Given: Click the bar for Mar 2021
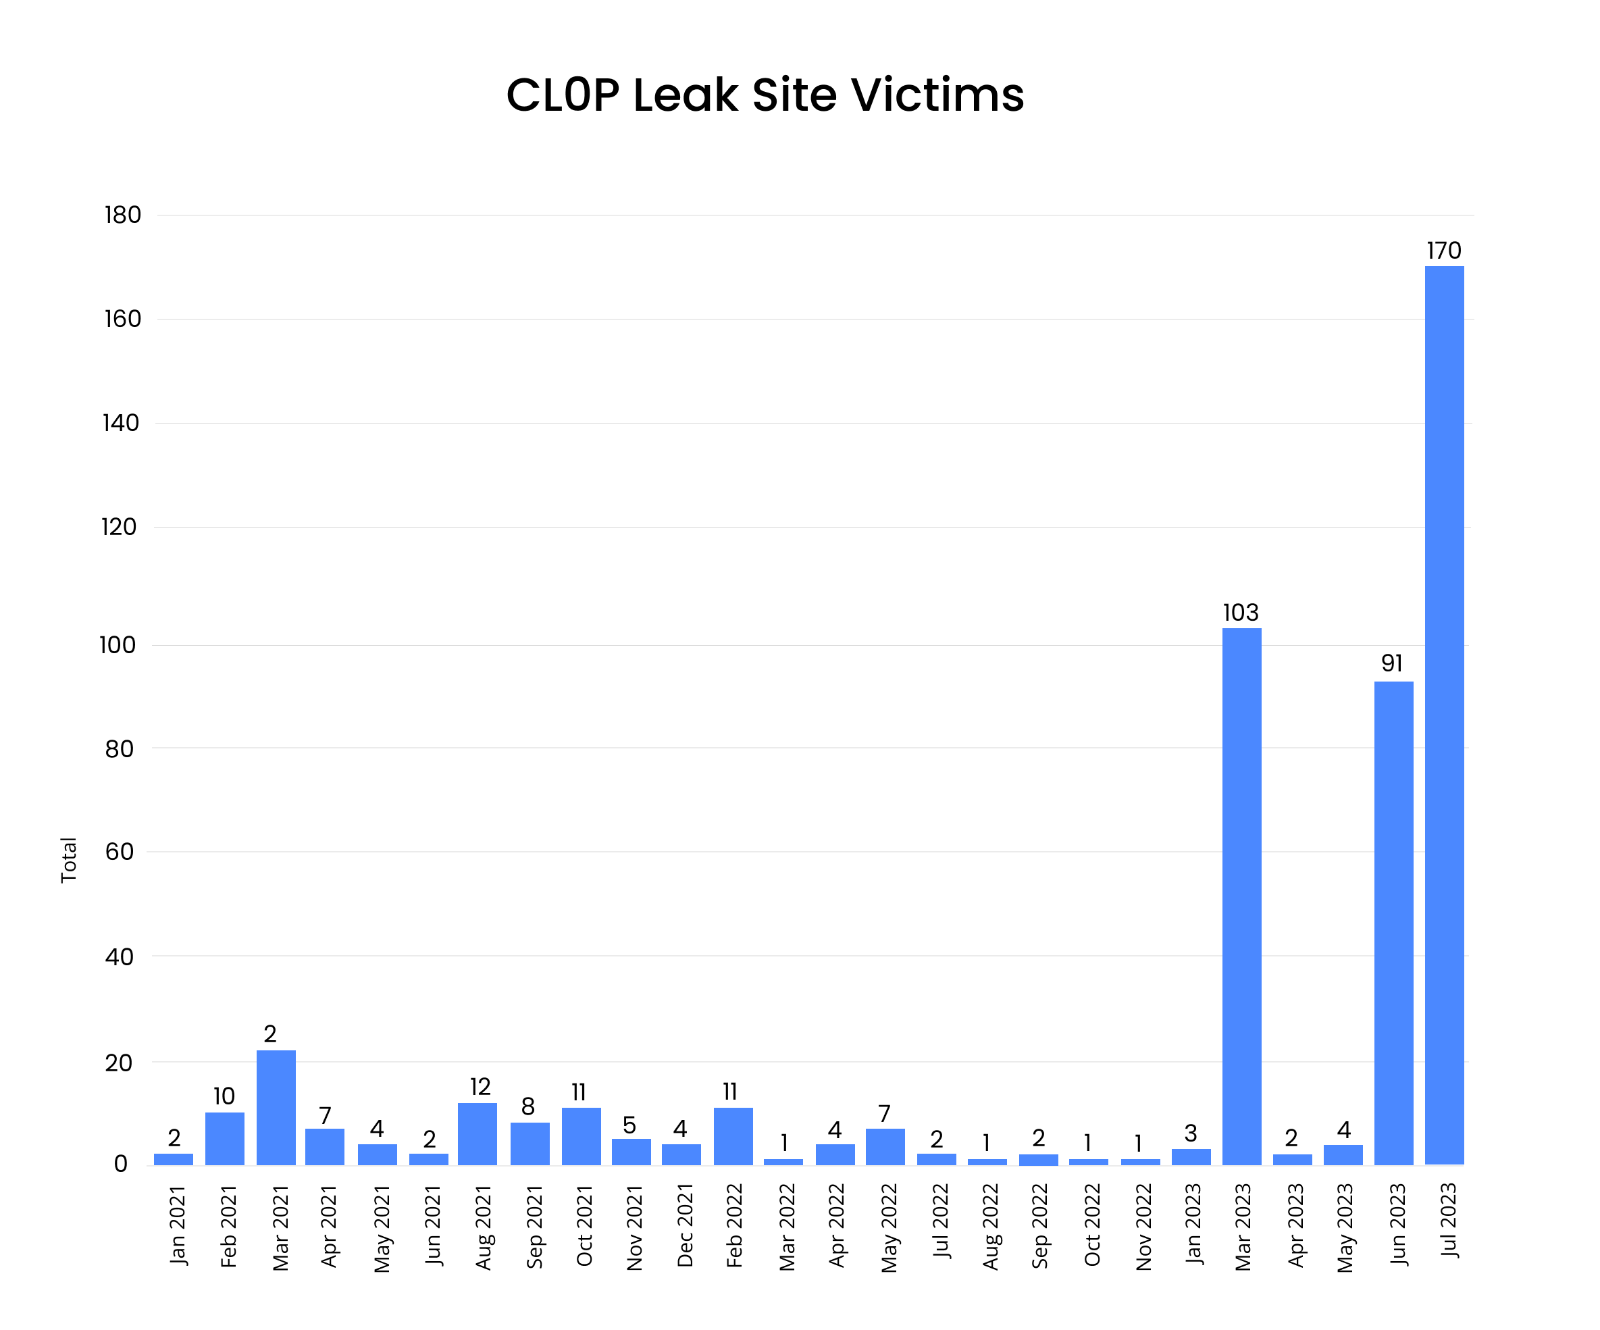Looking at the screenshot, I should [276, 1108].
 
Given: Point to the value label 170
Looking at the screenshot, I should [1443, 251].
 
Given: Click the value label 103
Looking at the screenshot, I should [1241, 612].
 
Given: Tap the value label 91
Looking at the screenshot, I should [1391, 663].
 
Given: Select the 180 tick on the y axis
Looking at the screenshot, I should [123, 215].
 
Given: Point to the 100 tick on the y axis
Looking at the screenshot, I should [118, 646].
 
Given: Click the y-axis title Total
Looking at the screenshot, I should [69, 860].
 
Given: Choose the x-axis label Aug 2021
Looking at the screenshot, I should [483, 1227].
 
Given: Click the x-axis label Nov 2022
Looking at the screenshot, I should [1143, 1227].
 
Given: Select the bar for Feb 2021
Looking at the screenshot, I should [225, 1139].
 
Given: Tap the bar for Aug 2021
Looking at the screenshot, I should [477, 1133].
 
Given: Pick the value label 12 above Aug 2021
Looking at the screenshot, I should [480, 1086].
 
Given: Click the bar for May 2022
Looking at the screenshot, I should [885, 1146].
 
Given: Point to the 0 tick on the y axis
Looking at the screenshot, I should [120, 1164].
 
